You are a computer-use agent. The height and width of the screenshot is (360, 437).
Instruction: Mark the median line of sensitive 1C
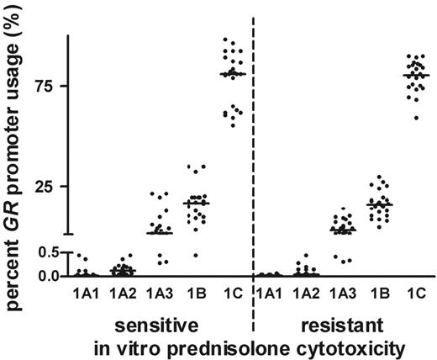pyautogui.click(x=233, y=74)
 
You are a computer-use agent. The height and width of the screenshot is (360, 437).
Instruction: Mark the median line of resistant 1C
pyautogui.click(x=415, y=76)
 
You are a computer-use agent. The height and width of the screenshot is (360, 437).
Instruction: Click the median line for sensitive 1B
pyautogui.click(x=197, y=203)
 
